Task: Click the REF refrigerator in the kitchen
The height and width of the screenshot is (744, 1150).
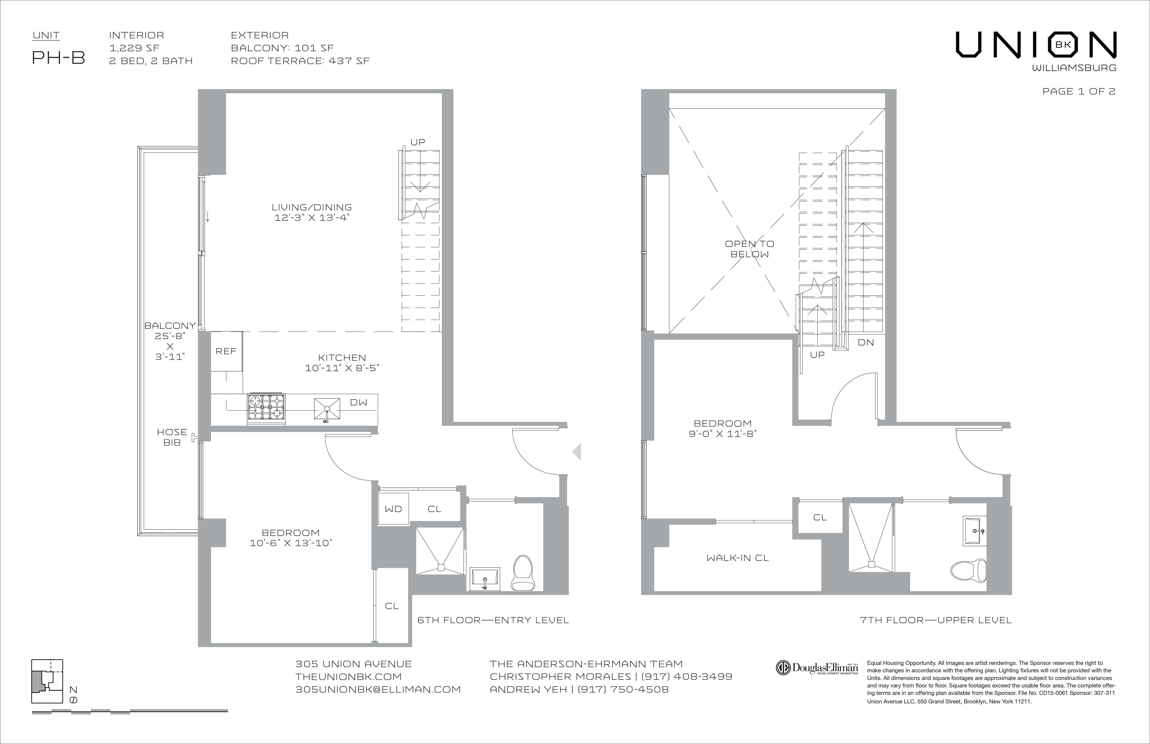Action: click(x=226, y=351)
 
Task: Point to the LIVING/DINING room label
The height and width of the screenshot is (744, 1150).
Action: click(x=312, y=207)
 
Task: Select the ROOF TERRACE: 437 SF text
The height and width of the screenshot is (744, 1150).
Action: click(x=300, y=61)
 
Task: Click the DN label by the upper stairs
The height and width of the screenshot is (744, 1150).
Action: click(x=866, y=342)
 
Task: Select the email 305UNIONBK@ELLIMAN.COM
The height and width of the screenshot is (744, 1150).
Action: click(x=378, y=689)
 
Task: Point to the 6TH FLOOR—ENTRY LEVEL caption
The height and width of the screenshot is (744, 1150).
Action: click(x=493, y=620)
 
